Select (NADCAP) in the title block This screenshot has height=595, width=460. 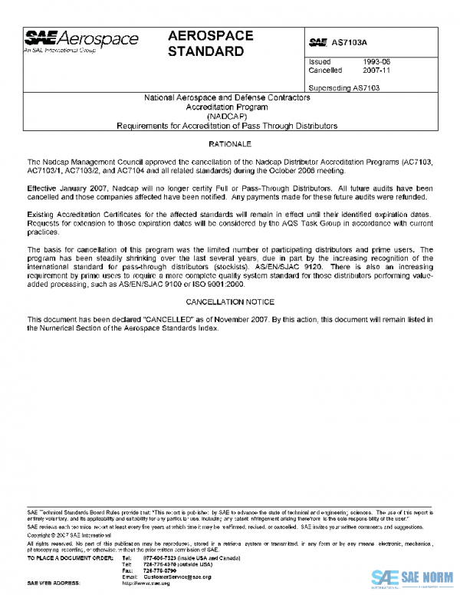point(231,116)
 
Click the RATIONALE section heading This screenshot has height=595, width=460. point(231,144)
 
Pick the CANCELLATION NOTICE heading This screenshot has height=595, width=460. point(231,303)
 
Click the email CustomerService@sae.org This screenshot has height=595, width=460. point(179,577)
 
